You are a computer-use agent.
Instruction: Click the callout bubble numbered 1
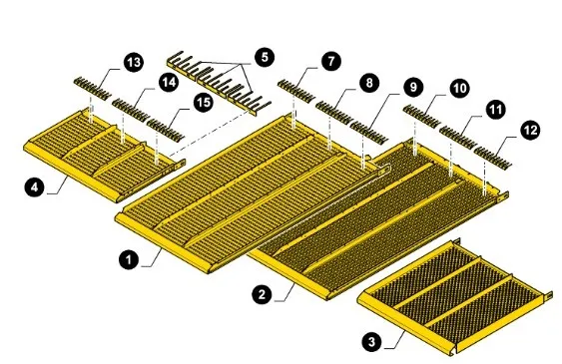129,259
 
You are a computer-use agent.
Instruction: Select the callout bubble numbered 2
263,294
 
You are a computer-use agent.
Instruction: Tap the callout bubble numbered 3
372,341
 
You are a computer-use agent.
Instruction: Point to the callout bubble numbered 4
35,186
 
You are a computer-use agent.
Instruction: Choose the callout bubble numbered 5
265,57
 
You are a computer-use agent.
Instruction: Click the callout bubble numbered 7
330,61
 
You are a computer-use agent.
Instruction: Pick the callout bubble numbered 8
368,83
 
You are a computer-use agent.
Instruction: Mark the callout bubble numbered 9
413,87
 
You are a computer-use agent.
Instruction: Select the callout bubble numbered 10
459,88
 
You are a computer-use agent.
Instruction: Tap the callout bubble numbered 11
496,109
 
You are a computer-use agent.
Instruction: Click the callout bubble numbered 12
530,130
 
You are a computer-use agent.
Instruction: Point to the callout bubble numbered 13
134,62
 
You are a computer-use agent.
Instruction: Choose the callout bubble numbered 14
169,82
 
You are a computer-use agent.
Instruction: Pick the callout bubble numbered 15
204,103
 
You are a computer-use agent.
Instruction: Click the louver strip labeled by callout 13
93,88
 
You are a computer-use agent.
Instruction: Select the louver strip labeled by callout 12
493,158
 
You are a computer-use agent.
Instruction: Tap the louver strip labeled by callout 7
296,91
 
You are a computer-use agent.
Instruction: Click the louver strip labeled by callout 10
422,116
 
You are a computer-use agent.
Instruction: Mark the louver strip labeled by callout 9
369,133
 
